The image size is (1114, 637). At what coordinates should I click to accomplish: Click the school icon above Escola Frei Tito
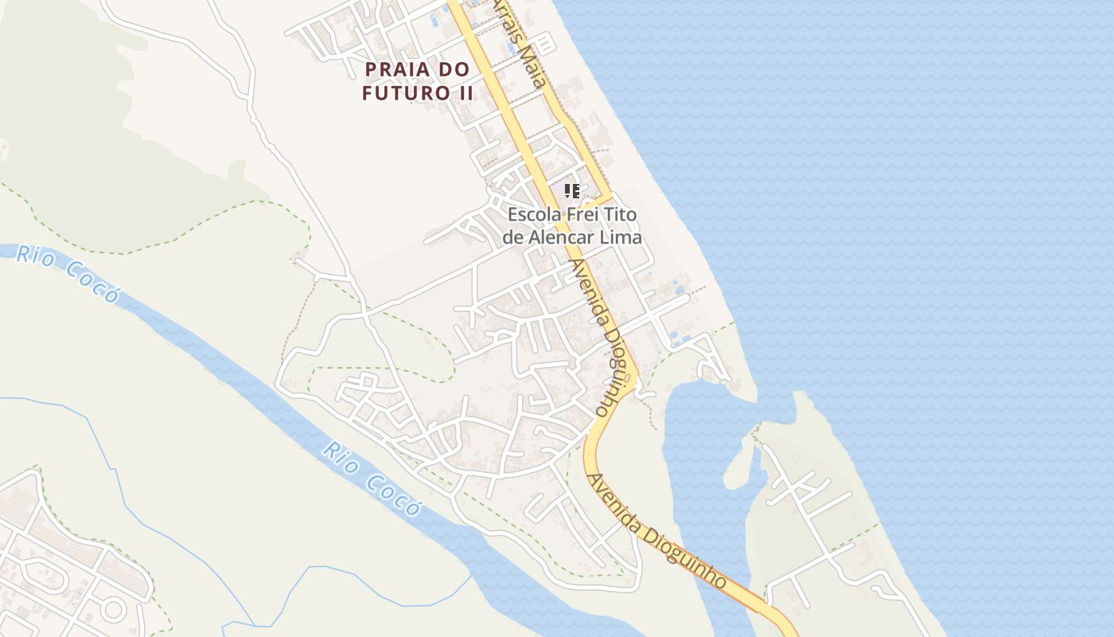click(x=571, y=190)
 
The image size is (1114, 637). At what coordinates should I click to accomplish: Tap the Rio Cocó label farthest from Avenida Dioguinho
click(x=68, y=275)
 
